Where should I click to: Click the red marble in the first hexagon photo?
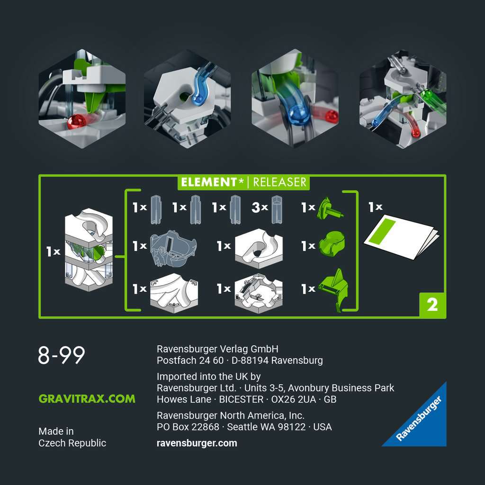click(76, 122)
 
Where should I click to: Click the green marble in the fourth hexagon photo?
click(427, 94)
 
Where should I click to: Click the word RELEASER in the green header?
click(280, 182)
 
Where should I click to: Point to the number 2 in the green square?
click(432, 305)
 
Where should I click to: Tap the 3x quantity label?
click(260, 207)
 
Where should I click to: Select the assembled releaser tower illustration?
click(89, 249)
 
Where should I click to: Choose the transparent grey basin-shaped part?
click(173, 248)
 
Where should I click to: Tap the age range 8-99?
click(62, 355)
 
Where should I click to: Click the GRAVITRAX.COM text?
click(87, 399)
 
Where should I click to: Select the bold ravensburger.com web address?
click(197, 443)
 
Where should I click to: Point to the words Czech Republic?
click(72, 443)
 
